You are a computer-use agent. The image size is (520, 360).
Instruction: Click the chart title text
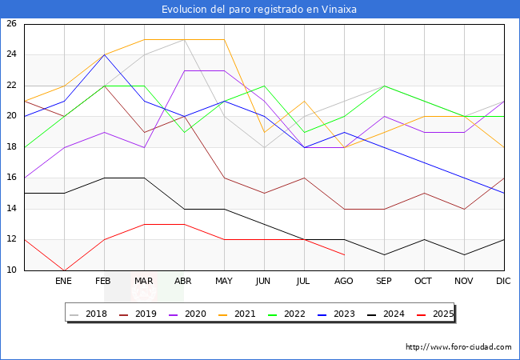(x=259, y=10)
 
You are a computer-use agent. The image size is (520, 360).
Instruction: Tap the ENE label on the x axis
(x=64, y=282)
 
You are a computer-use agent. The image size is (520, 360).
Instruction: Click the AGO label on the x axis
(x=344, y=282)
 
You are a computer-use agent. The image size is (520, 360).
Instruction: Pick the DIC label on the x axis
(x=504, y=282)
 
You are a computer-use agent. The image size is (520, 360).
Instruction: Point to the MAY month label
(x=224, y=282)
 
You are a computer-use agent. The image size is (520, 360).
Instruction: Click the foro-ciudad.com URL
(x=458, y=347)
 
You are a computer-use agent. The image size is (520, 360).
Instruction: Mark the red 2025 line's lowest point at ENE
(x=64, y=270)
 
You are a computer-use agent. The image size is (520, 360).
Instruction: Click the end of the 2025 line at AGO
(x=344, y=254)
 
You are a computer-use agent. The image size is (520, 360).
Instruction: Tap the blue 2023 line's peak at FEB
(x=104, y=54)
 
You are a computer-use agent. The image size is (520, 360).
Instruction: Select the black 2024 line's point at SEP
(x=384, y=254)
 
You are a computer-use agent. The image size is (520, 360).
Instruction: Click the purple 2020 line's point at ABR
(x=184, y=70)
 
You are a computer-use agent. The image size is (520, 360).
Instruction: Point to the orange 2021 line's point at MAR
(x=144, y=39)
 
